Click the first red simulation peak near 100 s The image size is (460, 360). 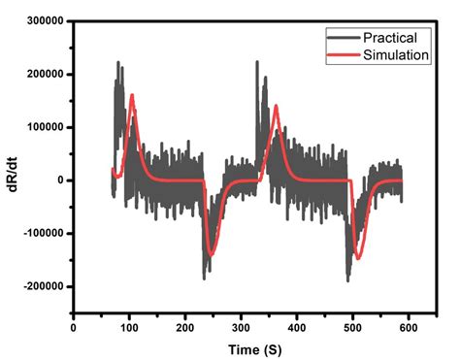point(131,95)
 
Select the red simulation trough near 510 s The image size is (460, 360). point(357,258)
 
